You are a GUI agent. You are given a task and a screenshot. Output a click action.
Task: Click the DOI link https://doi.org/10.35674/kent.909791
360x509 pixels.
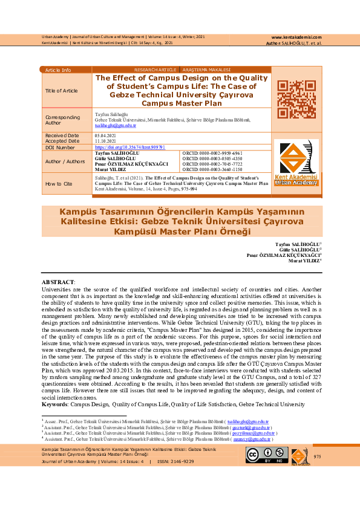tap(122, 147)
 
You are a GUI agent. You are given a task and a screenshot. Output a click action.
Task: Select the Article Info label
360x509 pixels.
tap(58, 70)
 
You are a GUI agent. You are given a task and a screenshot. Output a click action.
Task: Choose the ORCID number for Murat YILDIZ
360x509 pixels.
tap(208, 170)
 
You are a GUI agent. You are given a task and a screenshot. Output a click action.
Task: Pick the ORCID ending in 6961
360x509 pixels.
tap(208, 154)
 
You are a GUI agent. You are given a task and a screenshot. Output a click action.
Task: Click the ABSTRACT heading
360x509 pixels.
tap(57, 282)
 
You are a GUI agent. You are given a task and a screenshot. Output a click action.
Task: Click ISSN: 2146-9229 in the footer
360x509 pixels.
tap(175, 461)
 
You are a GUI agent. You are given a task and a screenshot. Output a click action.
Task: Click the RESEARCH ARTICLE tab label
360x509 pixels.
tap(155, 70)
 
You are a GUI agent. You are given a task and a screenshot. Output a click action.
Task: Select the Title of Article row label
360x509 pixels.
tap(62, 91)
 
